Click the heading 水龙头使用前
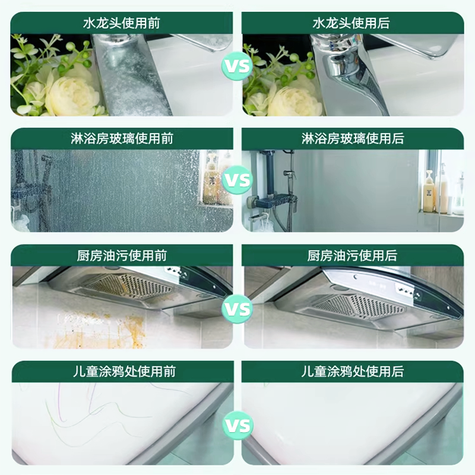pos(122,24)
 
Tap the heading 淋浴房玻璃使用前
pos(122,139)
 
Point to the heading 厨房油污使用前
pos(122,256)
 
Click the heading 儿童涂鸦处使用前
pos(122,372)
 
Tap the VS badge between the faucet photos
pos(237,66)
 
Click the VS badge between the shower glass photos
pos(237,179)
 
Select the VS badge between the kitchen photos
pos(237,309)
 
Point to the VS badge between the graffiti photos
pos(237,425)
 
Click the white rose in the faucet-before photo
pos(71,95)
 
